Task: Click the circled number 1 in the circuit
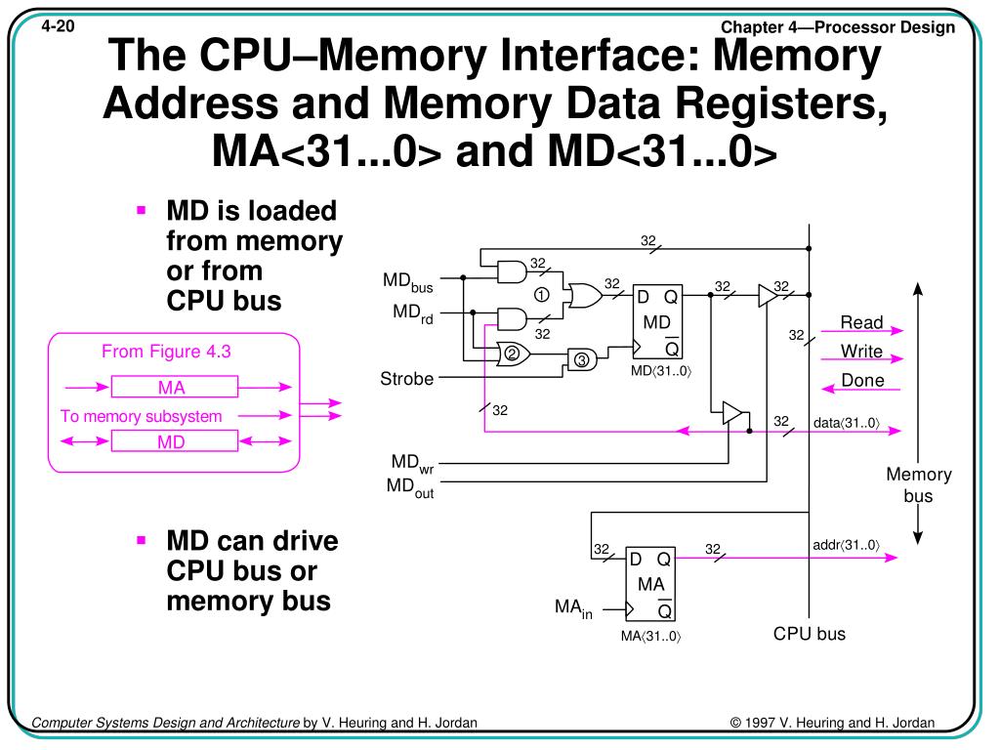(540, 295)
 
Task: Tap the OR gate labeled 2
(513, 354)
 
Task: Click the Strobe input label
(406, 378)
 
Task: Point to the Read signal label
(861, 322)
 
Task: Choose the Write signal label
(861, 352)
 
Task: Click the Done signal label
(862, 381)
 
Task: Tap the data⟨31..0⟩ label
(846, 423)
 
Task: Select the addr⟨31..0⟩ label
(846, 545)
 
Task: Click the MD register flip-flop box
(655, 322)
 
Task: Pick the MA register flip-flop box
(649, 584)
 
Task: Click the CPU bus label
(810, 634)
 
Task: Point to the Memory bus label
(918, 484)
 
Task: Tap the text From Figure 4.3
(166, 353)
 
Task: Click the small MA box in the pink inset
(172, 388)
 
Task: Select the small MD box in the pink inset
(172, 442)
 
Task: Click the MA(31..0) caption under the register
(650, 638)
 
